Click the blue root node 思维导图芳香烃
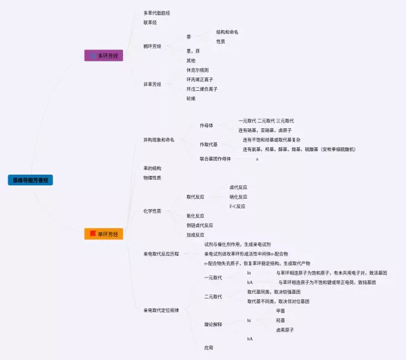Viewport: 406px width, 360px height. click(x=30, y=180)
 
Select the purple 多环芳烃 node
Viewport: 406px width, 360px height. click(x=103, y=56)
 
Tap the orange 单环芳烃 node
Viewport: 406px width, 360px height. click(x=103, y=234)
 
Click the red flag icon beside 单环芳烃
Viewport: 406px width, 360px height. click(x=93, y=234)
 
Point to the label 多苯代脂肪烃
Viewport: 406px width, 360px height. click(x=156, y=13)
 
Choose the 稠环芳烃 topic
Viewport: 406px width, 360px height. click(x=152, y=46)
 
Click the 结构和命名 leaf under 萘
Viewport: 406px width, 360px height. click(x=227, y=32)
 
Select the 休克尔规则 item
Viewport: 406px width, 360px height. click(x=197, y=70)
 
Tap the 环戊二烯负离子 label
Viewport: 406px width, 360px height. click(x=202, y=89)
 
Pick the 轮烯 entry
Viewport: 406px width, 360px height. click(x=191, y=98)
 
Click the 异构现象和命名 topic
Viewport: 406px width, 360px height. click(x=159, y=140)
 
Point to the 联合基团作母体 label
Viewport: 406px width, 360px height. click(x=215, y=159)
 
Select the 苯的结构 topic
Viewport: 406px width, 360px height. click(x=152, y=168)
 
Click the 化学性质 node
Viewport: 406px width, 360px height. click(x=152, y=211)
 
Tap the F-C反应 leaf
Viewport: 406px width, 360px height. click(x=237, y=206)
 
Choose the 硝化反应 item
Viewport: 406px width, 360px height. click(x=238, y=197)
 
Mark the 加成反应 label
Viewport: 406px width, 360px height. click(x=195, y=234)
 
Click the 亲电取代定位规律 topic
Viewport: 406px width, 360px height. click(x=161, y=310)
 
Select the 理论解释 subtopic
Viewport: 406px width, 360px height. click(x=213, y=324)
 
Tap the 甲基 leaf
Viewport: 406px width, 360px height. click(x=280, y=311)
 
